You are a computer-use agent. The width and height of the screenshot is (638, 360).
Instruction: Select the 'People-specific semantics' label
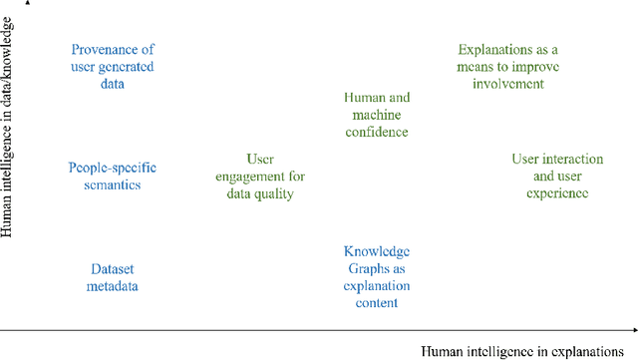point(112,176)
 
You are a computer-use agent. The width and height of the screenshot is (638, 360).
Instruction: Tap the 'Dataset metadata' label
point(112,278)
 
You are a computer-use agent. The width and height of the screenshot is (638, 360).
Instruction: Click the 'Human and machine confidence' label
point(376,115)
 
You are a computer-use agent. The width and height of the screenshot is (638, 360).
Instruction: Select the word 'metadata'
point(112,287)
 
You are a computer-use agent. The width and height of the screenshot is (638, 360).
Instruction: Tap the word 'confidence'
point(376,132)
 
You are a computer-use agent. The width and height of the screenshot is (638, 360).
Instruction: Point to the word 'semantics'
point(112,184)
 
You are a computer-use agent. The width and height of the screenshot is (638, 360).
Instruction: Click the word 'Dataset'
point(112,269)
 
